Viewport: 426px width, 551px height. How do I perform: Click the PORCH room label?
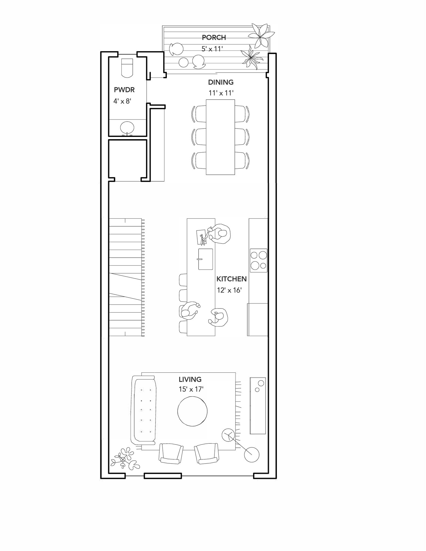coord(214,37)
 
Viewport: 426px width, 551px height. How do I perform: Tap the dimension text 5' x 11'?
coord(212,49)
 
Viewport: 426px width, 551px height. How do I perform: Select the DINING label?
coord(221,82)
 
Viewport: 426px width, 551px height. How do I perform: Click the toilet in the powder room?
coord(127,68)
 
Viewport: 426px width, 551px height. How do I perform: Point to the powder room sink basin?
coord(127,128)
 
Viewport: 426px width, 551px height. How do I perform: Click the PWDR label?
coord(124,90)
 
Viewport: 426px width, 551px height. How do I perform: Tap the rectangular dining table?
coord(220,137)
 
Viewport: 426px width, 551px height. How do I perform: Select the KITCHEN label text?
coord(231,279)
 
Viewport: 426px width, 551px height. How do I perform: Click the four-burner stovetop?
coord(259,260)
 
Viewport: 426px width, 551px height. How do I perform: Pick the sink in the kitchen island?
coord(206,259)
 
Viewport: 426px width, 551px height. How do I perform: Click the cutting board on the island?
coord(201,237)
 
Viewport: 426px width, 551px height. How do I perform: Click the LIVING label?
coord(190,379)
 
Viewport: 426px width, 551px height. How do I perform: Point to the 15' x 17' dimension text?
coord(191,389)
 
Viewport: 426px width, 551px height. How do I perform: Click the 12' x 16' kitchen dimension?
coord(229,290)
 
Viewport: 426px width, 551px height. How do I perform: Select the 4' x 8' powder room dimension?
coord(122,101)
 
